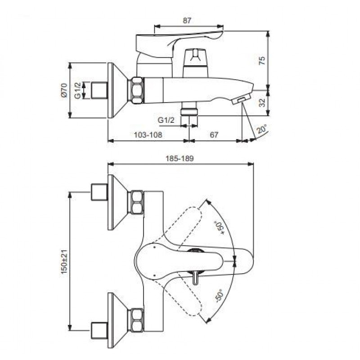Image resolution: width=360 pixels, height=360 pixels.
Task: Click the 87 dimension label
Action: (187, 21)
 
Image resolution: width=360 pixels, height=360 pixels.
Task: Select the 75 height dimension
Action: (262, 60)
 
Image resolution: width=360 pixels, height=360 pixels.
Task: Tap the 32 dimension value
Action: (262, 102)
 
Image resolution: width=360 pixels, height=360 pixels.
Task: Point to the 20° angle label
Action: (262, 129)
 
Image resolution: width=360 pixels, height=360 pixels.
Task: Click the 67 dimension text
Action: (214, 135)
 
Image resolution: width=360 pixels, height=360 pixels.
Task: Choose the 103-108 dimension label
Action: (148, 135)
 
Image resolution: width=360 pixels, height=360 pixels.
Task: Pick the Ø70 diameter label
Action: (64, 90)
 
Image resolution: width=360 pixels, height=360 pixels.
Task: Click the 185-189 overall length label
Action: (180, 158)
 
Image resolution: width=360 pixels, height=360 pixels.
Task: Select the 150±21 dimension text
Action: (64, 262)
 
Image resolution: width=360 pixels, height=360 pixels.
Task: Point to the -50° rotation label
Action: (219, 296)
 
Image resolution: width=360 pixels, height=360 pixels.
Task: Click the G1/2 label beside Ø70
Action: (78, 91)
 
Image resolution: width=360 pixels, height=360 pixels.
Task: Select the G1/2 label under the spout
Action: (166, 120)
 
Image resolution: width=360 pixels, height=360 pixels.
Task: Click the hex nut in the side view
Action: (137, 90)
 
